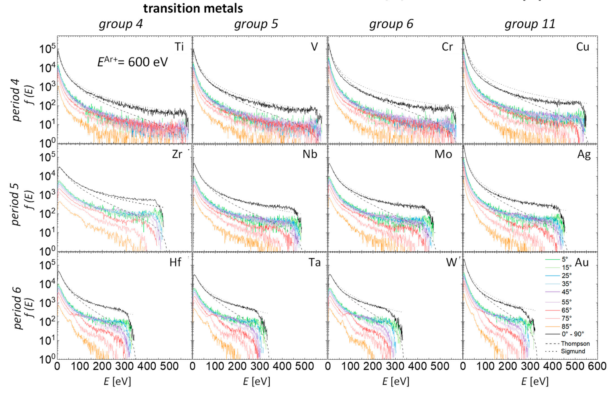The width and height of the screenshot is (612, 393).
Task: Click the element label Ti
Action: (x=179, y=47)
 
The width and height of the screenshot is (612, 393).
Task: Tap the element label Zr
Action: (x=177, y=154)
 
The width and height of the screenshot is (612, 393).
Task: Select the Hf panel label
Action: (x=175, y=262)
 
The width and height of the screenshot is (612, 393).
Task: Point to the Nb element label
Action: (x=310, y=154)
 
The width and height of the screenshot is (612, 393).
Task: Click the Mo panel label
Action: (x=443, y=154)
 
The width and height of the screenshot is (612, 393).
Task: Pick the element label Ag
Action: (x=584, y=155)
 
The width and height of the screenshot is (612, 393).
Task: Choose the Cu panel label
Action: (x=583, y=47)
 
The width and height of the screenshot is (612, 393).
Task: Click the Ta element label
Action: (x=314, y=262)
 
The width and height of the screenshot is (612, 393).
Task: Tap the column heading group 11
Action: (x=530, y=24)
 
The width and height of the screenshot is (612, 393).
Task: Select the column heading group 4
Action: (x=121, y=24)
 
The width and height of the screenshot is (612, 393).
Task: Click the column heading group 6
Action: (x=391, y=24)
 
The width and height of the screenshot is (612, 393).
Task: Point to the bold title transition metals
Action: (x=193, y=8)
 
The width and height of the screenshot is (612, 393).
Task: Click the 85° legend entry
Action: (x=566, y=326)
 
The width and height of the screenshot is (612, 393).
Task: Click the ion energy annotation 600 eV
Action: (x=132, y=62)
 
